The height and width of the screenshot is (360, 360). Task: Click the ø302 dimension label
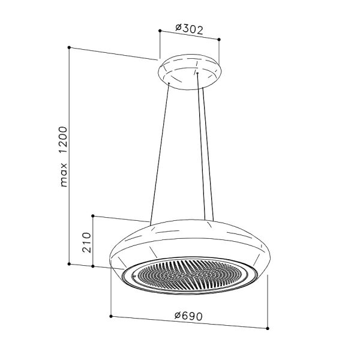tap(189, 29)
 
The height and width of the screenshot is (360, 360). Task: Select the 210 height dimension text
tap(86, 242)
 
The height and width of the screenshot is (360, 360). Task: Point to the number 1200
tap(62, 140)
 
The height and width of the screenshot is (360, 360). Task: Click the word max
tap(64, 175)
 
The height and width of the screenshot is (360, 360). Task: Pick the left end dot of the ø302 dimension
tap(160, 31)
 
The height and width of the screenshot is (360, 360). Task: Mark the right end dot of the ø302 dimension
tap(219, 40)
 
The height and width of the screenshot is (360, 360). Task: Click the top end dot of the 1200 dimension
tap(69, 47)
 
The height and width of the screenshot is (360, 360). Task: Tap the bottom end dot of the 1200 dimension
tap(69, 264)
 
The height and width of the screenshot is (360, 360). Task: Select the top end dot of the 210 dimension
tap(93, 215)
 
